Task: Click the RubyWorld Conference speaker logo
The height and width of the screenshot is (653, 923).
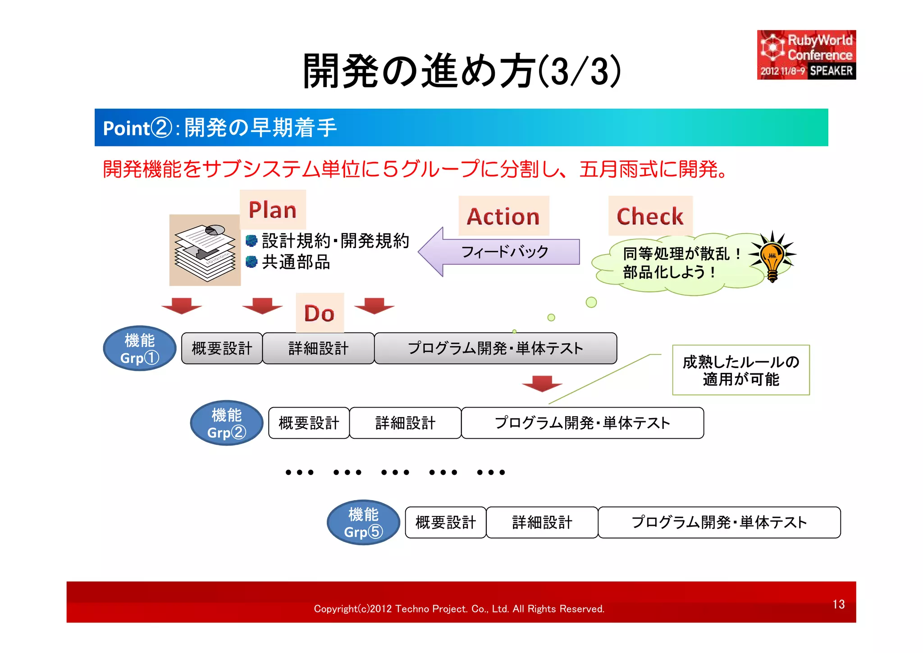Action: click(x=806, y=55)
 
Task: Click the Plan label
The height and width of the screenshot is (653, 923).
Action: click(x=273, y=210)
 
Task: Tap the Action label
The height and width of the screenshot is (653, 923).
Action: click(x=503, y=216)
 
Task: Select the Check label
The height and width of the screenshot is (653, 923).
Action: click(x=650, y=216)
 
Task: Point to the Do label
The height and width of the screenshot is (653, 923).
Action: click(x=320, y=313)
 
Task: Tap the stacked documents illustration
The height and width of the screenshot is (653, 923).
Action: click(x=205, y=250)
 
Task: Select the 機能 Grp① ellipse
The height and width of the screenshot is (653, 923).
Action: click(x=140, y=349)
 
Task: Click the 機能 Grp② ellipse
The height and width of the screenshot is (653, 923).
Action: click(x=227, y=423)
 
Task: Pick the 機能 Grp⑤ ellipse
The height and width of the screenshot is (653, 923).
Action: click(x=363, y=523)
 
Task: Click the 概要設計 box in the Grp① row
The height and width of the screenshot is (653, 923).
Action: click(x=222, y=349)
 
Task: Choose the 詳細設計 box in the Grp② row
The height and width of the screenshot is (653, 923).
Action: click(x=405, y=423)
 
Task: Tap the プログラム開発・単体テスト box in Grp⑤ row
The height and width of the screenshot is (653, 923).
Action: click(x=719, y=523)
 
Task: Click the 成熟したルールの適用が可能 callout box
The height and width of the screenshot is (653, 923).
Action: click(x=741, y=370)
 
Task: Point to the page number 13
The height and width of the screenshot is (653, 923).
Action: click(x=838, y=604)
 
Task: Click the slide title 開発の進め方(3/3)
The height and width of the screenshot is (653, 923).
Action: click(x=462, y=71)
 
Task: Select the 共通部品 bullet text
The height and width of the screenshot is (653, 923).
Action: click(x=296, y=262)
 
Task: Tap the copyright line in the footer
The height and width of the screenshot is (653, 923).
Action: click(x=459, y=609)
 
